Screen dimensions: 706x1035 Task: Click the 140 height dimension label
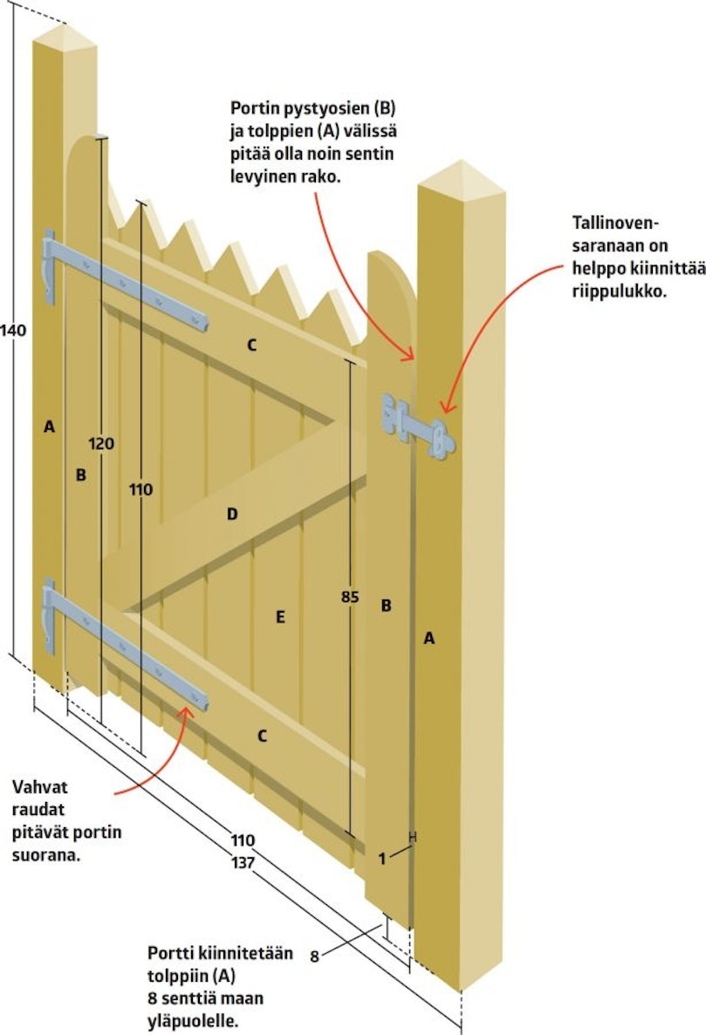point(13,329)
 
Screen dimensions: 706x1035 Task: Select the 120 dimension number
point(101,443)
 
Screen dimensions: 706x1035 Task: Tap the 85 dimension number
point(350,597)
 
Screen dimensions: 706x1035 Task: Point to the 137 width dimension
point(243,862)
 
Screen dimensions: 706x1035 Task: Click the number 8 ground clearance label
point(315,956)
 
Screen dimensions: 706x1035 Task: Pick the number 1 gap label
point(382,859)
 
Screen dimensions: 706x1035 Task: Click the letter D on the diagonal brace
point(232,513)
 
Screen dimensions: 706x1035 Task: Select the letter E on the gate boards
point(280,616)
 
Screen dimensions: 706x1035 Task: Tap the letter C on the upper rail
point(251,345)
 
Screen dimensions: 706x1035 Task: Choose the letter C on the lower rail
point(262,736)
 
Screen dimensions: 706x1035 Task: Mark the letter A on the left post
point(50,427)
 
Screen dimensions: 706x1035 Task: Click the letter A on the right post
point(429,638)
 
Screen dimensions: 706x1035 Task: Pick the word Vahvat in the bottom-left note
point(39,787)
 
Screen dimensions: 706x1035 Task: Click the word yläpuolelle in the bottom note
point(192,1020)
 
